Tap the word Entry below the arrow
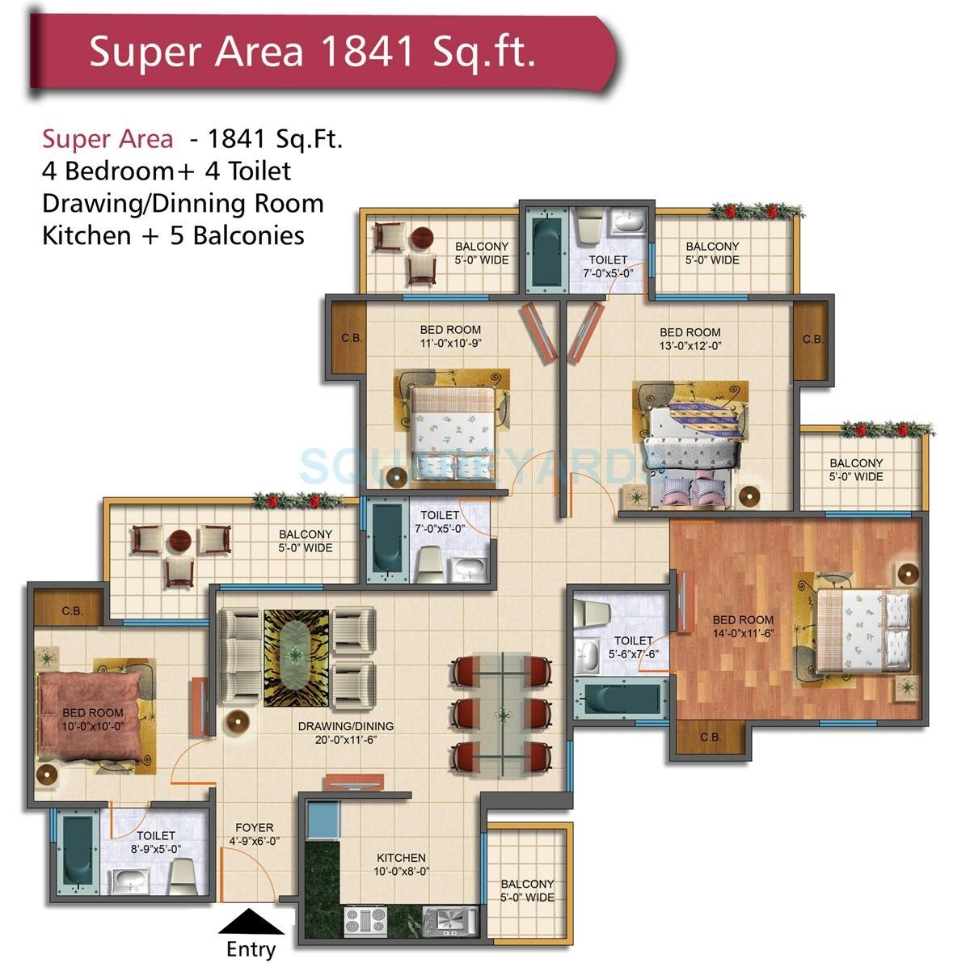coord(251,949)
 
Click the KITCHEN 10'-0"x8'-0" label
coord(402,864)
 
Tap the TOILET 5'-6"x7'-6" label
coord(633,647)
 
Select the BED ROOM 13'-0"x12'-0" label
coord(690,338)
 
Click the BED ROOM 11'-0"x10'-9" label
coord(450,336)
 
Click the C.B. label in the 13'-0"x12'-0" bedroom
coord(812,340)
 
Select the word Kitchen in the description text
coord(86,235)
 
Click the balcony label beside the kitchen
coord(527,890)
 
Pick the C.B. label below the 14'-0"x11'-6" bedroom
coord(711,737)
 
